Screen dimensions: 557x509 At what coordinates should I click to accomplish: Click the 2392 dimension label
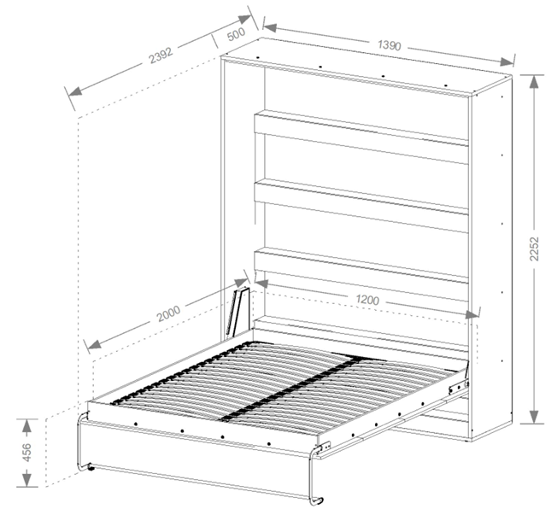tap(161, 55)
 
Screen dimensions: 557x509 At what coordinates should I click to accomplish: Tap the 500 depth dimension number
tap(236, 34)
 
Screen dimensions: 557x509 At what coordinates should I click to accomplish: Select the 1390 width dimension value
tap(390, 44)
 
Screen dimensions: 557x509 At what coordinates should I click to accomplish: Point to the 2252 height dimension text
tap(534, 249)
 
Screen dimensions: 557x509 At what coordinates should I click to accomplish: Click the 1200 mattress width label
tap(367, 300)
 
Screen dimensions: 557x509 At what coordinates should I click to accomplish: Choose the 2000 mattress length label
tap(169, 313)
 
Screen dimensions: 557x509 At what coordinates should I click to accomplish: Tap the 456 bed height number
tap(26, 453)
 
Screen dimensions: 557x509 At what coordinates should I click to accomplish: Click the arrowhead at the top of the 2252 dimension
tap(533, 82)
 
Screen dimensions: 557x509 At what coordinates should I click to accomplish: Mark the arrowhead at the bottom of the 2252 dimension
tap(534, 416)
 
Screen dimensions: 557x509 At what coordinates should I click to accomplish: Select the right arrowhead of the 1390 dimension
tap(506, 61)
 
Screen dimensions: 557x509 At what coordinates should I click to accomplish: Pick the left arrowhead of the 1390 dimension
tap(271, 27)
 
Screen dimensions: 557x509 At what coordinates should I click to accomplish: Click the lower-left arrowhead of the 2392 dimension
tap(76, 91)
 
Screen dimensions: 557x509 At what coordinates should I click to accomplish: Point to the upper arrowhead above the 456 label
tap(26, 426)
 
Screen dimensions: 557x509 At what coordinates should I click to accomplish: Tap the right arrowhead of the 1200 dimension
tap(472, 314)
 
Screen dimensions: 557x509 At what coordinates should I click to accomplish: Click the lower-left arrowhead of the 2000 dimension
tap(94, 344)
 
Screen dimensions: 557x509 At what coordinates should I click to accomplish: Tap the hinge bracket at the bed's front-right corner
tap(325, 447)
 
